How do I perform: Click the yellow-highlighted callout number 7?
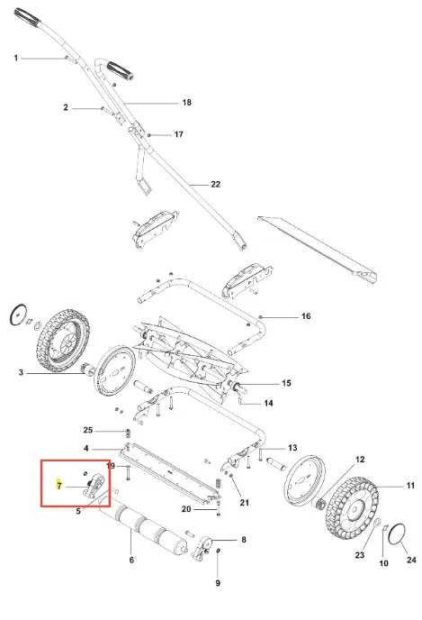point(59,485)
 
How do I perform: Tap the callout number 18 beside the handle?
point(187,103)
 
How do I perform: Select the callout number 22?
point(216,184)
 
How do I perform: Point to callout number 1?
point(16,58)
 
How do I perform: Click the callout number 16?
point(306,316)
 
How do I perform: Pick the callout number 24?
point(411,560)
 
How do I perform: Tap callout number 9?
point(218,583)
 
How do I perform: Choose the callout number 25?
point(87,430)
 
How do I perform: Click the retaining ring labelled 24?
point(396,533)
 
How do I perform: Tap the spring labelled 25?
point(128,433)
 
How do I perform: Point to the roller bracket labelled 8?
point(202,548)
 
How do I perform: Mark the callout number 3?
point(21,372)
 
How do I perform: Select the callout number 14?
point(268,404)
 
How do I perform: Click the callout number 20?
point(186,509)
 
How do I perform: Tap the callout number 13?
point(292,448)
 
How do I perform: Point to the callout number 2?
point(66,107)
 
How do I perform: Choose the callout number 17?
point(179,135)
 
